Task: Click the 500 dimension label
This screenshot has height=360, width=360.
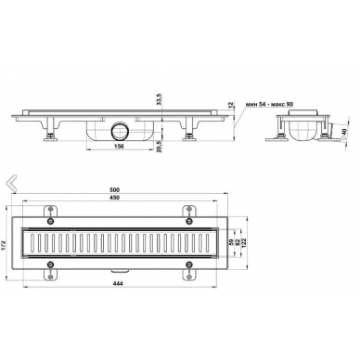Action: (x=115, y=189)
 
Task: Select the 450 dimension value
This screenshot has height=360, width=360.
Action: (x=115, y=198)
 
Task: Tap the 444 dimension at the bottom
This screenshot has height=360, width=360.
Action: (x=118, y=284)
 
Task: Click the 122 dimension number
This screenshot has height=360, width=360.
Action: (x=244, y=242)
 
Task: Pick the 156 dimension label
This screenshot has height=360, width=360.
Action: (x=119, y=147)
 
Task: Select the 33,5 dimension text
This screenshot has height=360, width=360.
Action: (x=159, y=98)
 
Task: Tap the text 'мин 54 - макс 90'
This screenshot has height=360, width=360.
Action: (x=269, y=104)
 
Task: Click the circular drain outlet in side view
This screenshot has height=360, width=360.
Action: (x=120, y=131)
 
